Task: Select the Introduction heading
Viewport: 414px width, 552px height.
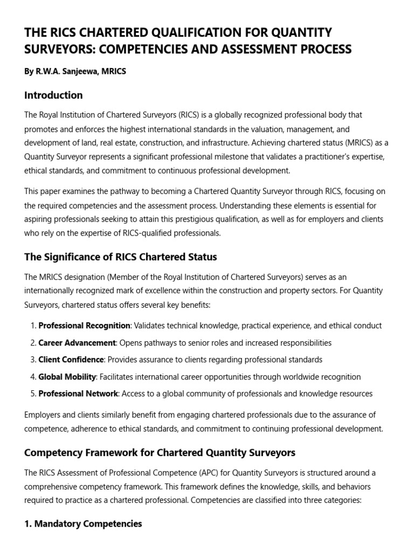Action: pos(53,95)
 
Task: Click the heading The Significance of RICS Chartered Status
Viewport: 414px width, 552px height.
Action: pos(120,257)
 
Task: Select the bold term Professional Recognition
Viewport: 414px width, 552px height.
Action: pos(85,326)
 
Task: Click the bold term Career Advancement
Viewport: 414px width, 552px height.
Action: pos(77,343)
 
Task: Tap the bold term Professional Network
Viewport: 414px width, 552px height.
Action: pos(78,394)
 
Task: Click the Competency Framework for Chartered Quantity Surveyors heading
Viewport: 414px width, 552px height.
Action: pos(160,452)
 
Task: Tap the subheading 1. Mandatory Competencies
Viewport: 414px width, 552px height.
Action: pos(83,523)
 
